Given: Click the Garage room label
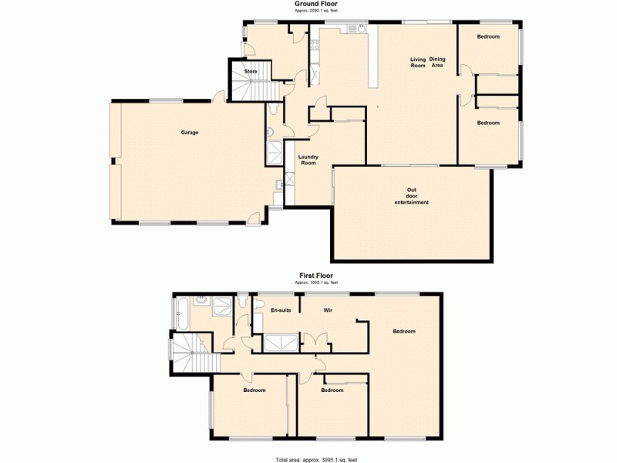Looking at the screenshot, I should (190, 133).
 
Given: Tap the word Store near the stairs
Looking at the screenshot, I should (251, 72).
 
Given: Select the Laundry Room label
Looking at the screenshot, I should (308, 160).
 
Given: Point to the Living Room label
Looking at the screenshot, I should (418, 63).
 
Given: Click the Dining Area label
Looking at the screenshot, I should (437, 63).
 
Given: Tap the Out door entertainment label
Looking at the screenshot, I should (411, 197).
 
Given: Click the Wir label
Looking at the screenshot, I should (327, 310).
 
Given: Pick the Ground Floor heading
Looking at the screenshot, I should (316, 4).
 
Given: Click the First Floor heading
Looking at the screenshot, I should (316, 275).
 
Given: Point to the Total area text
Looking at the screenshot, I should (317, 459).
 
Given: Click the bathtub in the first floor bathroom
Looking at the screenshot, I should (180, 313).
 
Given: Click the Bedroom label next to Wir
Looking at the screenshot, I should (404, 332).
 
